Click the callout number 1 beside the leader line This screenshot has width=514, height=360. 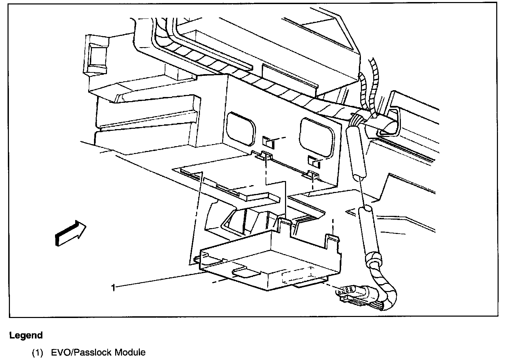[113, 288]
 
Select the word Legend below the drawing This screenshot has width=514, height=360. [26, 335]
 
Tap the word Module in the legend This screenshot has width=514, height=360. [130, 352]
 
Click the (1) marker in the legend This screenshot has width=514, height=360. [37, 352]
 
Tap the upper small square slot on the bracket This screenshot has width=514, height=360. [268, 142]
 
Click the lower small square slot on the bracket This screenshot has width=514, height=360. [313, 161]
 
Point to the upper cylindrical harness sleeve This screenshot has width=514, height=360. [356, 150]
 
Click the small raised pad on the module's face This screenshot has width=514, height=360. [245, 272]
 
